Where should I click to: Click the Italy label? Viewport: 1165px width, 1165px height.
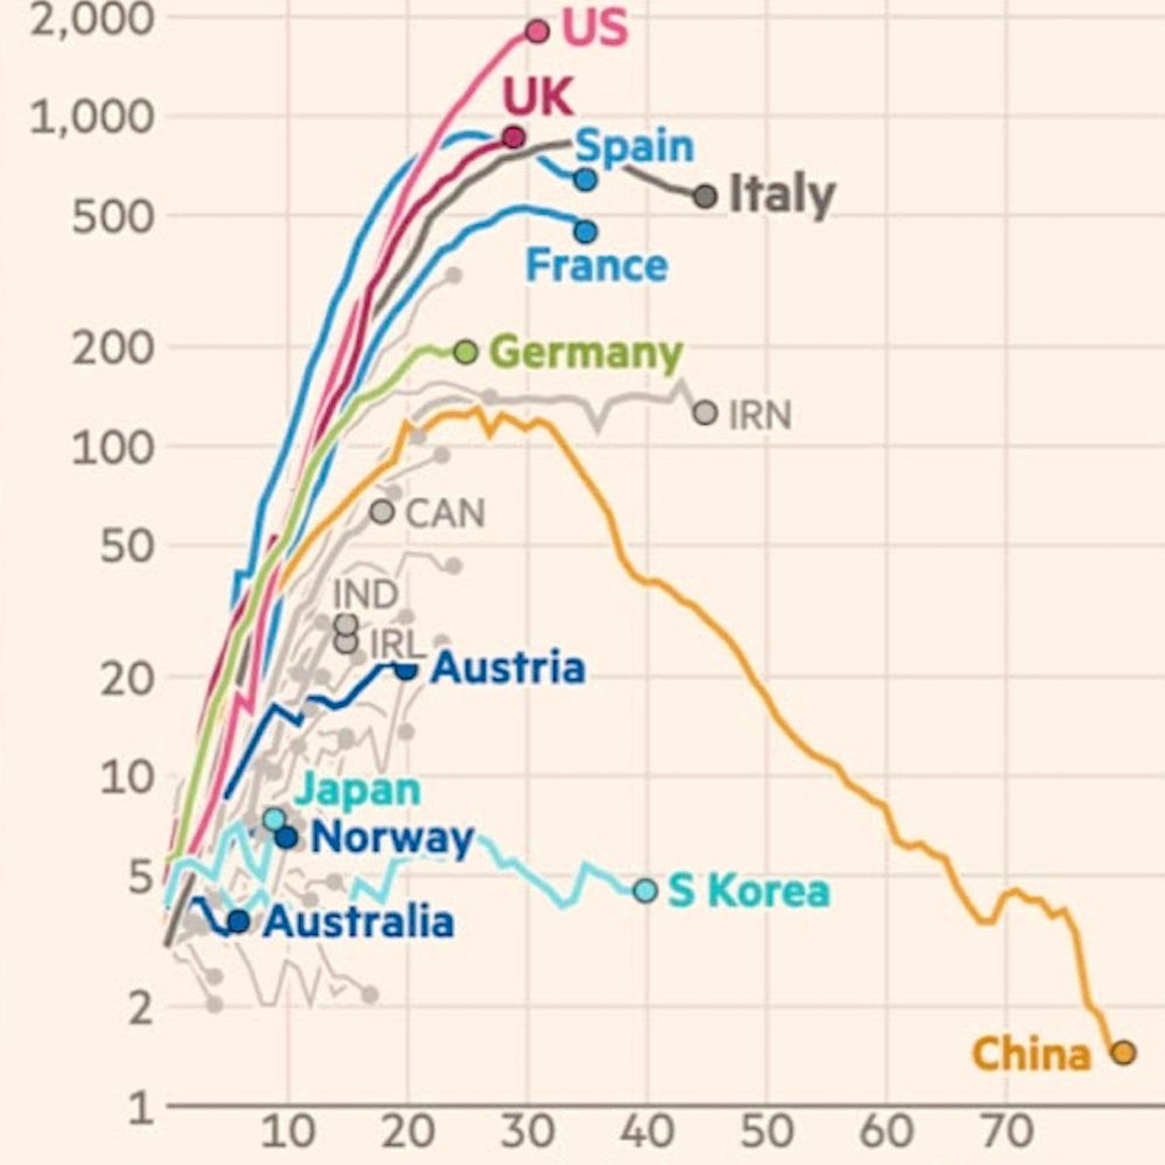(782, 195)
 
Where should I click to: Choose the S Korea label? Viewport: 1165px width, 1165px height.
(749, 891)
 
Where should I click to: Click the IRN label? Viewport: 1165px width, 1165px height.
(760, 416)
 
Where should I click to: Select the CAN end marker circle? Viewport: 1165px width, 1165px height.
(382, 511)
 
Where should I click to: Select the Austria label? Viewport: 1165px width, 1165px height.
(508, 668)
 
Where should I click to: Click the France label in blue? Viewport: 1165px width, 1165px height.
(597, 265)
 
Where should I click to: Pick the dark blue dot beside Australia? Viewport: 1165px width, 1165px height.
(239, 921)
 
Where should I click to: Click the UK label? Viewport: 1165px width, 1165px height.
(538, 97)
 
